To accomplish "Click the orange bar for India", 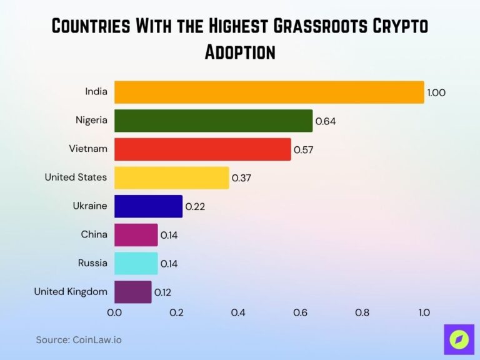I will [x=269, y=92].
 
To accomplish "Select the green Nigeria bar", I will [x=213, y=121].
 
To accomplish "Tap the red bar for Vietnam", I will [x=202, y=149].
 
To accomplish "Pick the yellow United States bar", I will [x=171, y=177].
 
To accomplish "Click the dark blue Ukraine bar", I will [x=148, y=206].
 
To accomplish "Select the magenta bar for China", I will [x=136, y=235].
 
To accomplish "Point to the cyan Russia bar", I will [x=136, y=263].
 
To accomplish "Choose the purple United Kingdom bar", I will [x=132, y=292].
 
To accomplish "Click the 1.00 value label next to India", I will [x=436, y=92].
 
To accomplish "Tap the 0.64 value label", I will [x=326, y=121].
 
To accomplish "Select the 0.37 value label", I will [x=241, y=178].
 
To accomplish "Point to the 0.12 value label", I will [x=163, y=292].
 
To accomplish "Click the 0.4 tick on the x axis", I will [x=238, y=312].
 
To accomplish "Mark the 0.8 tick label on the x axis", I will [x=362, y=312].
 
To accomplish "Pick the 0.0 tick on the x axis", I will [x=114, y=312].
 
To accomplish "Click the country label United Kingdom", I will [x=71, y=291].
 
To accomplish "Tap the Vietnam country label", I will [x=88, y=149].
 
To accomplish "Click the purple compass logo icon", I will [x=459, y=339].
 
